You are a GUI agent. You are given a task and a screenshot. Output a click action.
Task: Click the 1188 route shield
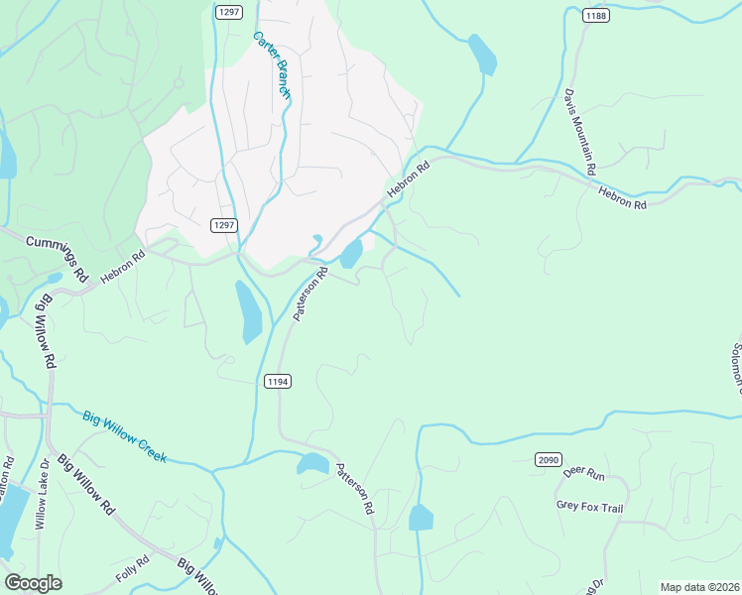point(596,16)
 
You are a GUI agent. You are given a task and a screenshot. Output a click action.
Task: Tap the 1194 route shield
point(278,382)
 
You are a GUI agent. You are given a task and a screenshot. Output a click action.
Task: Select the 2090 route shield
point(549,459)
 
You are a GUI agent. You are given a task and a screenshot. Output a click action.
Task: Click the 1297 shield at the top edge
point(229,11)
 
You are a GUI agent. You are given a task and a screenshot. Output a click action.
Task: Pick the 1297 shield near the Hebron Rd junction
point(224,225)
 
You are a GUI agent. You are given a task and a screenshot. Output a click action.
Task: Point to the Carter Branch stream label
point(271,65)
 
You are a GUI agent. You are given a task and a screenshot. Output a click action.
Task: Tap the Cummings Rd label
point(59,255)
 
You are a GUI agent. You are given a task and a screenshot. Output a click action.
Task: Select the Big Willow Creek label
point(124,437)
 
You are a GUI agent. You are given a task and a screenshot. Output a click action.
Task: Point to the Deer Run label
point(582,474)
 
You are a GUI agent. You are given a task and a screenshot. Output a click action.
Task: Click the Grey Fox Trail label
point(589,508)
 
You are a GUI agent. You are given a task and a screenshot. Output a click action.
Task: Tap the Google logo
point(33,582)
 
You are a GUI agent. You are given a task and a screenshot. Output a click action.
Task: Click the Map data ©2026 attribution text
point(699,587)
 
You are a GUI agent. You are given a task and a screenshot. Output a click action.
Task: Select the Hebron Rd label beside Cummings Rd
point(122,269)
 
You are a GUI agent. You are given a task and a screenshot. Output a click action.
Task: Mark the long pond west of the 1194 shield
point(248,311)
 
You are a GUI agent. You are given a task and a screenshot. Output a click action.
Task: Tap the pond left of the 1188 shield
point(482,54)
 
